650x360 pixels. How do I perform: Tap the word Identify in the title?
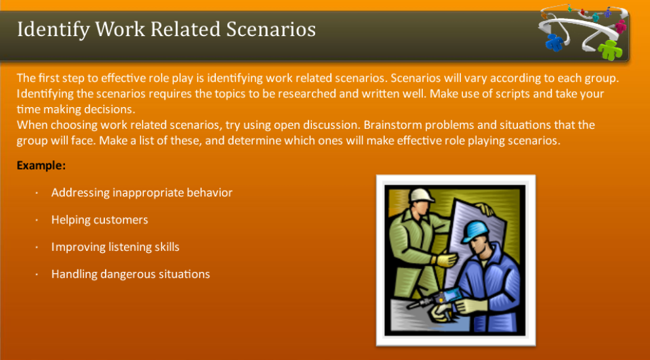[53, 30]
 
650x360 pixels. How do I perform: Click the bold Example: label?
[41, 166]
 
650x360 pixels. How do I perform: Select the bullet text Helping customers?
[100, 220]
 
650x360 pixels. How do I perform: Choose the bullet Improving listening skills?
[116, 247]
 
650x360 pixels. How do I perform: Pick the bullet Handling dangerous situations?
[131, 274]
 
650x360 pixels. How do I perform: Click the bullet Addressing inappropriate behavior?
[142, 193]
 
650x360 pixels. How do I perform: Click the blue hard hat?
[474, 231]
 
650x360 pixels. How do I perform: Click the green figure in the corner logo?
[610, 50]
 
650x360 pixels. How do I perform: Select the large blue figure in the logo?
[554, 42]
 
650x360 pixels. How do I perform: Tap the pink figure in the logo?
[620, 26]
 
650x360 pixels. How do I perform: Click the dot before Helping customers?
[37, 220]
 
